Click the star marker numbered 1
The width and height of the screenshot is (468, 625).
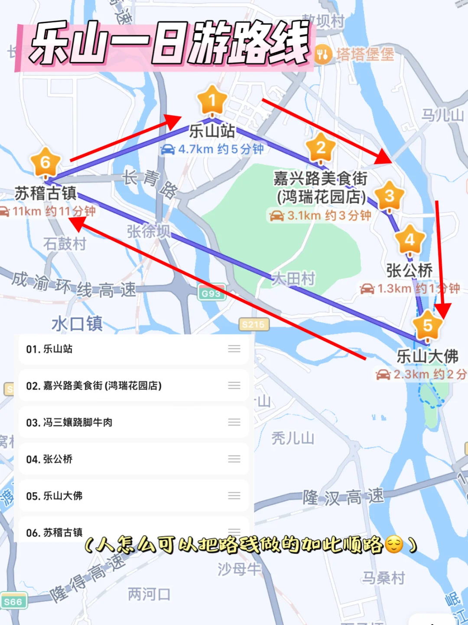[212, 101]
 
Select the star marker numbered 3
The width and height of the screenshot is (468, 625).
[389, 196]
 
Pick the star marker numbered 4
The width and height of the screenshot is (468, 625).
[409, 239]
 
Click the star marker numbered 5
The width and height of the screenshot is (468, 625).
[428, 325]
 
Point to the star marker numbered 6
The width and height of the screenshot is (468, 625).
[45, 162]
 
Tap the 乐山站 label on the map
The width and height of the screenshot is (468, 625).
[212, 131]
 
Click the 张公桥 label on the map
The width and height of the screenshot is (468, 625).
[409, 270]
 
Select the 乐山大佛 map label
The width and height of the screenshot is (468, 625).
[428, 356]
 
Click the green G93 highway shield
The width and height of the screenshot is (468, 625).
[211, 293]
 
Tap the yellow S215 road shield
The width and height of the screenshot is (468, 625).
[253, 324]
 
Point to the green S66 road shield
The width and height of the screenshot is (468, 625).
[13, 602]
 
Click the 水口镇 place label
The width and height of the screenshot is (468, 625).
[77, 324]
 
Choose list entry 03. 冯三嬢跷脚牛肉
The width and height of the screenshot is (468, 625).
[69, 422]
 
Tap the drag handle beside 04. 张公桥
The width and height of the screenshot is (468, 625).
[234, 459]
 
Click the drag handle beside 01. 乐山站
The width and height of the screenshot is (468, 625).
[234, 349]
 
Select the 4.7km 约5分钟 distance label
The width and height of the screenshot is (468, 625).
[212, 149]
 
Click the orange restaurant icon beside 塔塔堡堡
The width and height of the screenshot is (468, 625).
[323, 55]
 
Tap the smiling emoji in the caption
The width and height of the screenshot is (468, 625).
[394, 544]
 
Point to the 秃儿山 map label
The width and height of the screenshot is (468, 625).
[292, 438]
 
